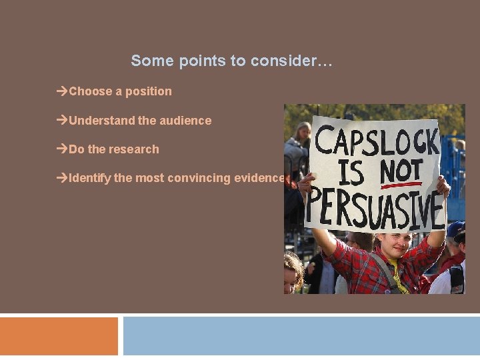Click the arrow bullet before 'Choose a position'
pos(63,91)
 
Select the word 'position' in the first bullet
pos(148,91)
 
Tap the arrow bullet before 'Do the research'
pos(63,149)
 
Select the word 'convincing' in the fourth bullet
pos(195,178)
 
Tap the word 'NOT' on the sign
pos(401,171)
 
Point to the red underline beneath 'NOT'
pos(401,185)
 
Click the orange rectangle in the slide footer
pos(59,336)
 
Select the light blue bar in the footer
pos(301,336)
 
